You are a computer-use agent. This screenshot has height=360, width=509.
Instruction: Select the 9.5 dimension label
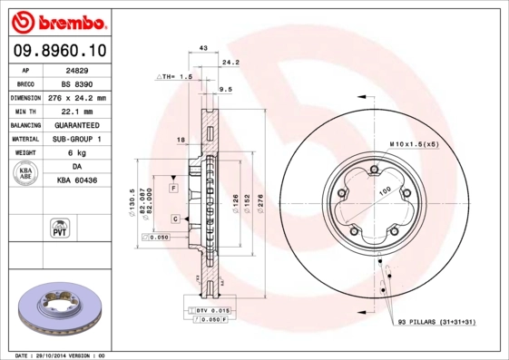[227, 89]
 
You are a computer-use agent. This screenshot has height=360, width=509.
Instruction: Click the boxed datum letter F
[172, 188]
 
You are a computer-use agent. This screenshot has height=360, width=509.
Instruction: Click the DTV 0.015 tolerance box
[208, 311]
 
